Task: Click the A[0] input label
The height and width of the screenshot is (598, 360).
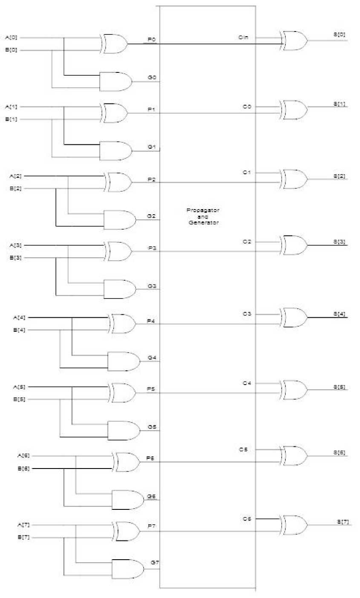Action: [11, 38]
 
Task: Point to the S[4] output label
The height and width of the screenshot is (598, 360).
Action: [339, 314]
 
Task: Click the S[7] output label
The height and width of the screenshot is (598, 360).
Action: [343, 522]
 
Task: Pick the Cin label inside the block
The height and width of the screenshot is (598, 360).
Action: [243, 38]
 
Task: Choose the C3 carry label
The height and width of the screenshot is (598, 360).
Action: [247, 314]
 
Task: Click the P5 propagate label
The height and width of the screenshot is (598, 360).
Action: [150, 389]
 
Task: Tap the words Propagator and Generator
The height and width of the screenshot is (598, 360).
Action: [203, 216]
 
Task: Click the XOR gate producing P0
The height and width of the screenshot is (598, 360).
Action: [115, 44]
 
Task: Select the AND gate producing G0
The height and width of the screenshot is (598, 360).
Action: [115, 81]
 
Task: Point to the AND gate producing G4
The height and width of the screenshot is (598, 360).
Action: [124, 362]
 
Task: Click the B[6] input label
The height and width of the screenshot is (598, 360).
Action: [23, 469]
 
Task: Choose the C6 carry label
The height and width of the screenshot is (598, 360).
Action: [247, 519]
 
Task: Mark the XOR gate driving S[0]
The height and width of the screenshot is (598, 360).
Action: [294, 41]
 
